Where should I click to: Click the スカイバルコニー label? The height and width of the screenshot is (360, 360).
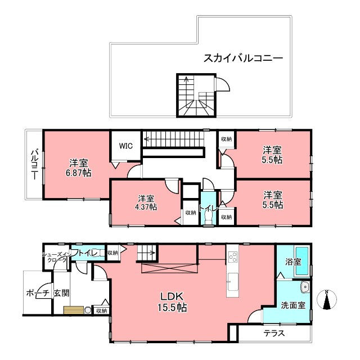(x=242, y=57)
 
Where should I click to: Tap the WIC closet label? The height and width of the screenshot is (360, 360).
(x=125, y=145)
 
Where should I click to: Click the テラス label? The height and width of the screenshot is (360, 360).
(x=274, y=333)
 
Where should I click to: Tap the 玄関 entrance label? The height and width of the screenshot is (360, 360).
(x=61, y=294)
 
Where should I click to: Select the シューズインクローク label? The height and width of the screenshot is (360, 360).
(x=56, y=257)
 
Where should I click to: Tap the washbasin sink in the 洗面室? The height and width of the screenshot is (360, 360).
(x=304, y=287)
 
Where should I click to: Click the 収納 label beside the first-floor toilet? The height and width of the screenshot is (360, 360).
(x=112, y=253)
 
